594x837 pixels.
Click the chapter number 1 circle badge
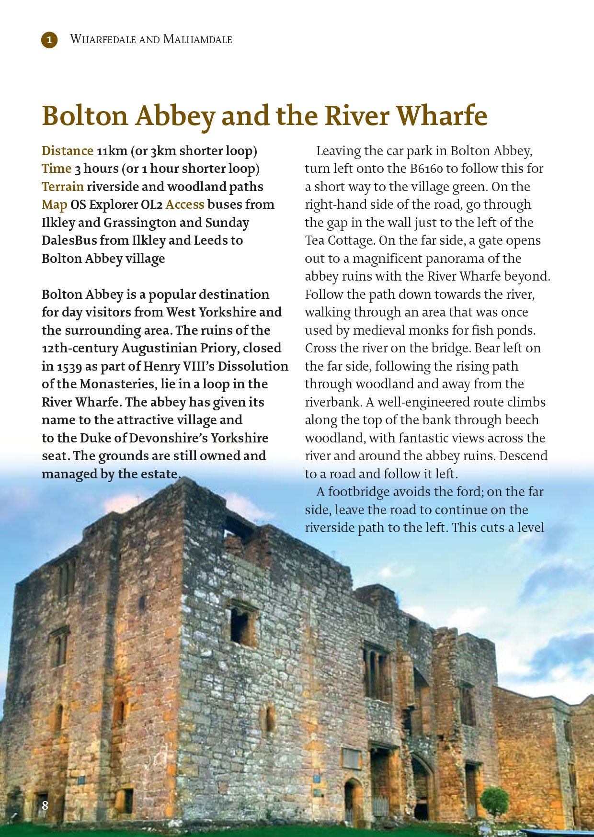click(x=49, y=40)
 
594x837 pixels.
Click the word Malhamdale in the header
click(x=197, y=39)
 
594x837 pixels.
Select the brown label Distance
click(x=68, y=151)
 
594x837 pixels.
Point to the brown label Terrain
click(x=63, y=187)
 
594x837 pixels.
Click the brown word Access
click(x=185, y=204)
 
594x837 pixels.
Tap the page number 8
click(x=45, y=805)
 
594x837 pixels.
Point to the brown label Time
click(x=57, y=169)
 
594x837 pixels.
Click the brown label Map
click(x=54, y=204)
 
